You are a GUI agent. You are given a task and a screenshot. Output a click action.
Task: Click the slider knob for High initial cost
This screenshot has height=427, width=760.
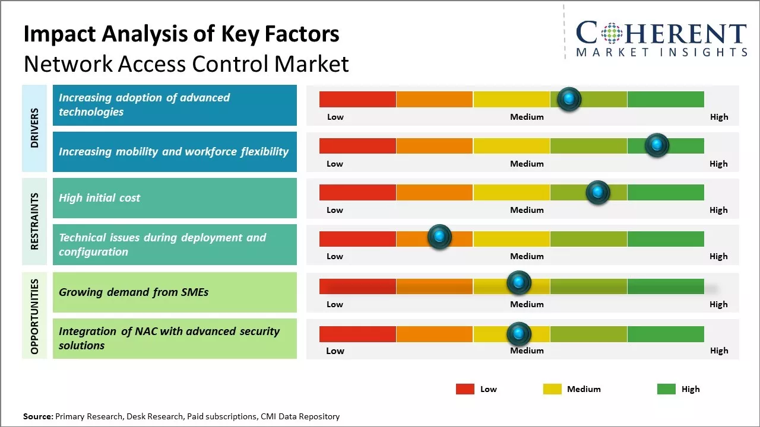coord(597,192)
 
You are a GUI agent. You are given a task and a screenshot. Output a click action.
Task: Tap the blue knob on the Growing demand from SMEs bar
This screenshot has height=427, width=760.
coord(518,283)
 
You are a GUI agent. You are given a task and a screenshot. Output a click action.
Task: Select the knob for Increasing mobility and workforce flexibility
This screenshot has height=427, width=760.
coord(657,145)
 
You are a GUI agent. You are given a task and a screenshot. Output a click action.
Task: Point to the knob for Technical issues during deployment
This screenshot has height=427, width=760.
coord(439,237)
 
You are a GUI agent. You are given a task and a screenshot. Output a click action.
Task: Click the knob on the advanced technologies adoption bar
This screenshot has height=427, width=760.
coord(569,99)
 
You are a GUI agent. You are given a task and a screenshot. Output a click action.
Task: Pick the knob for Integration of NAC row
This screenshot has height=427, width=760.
coord(518,334)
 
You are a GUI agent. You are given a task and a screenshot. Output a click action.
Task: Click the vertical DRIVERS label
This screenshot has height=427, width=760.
coord(34,128)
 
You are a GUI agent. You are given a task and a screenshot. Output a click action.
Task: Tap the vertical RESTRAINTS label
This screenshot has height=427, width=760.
coord(34,221)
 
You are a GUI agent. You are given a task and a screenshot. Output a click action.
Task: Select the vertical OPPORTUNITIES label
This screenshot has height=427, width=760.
coord(34,316)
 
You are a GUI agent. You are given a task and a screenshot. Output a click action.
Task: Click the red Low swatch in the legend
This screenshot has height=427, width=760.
coord(465,389)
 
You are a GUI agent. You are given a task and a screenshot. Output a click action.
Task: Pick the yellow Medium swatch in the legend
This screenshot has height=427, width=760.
coord(552,389)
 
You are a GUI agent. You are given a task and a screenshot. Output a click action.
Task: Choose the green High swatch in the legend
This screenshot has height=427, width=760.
coord(666,389)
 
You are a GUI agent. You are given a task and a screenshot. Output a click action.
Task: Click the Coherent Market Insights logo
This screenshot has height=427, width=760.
coord(661,39)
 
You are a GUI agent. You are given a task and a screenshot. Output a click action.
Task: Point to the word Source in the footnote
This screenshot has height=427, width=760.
coord(37,416)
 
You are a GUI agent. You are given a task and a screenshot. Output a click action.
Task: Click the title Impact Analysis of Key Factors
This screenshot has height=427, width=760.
coord(181,34)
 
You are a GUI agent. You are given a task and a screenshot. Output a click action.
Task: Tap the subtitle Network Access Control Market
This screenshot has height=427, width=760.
coord(186,63)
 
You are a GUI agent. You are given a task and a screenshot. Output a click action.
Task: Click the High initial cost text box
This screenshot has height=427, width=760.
coord(175,198)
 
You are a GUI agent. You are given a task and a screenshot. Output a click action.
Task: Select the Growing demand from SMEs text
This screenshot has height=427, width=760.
coord(134,292)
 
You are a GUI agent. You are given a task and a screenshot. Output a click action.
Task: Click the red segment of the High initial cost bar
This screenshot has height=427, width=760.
coord(357,192)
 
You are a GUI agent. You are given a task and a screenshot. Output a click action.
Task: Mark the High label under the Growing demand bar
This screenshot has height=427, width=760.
coord(718,304)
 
